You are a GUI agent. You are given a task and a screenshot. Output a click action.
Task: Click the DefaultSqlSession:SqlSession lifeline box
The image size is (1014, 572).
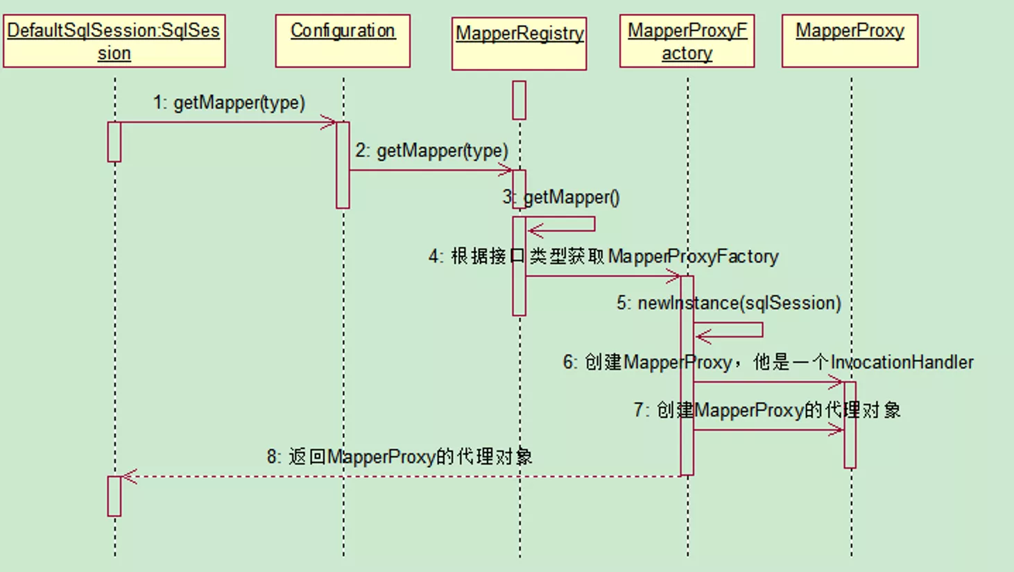click(114, 41)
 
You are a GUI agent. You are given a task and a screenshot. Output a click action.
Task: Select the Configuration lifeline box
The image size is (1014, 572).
click(343, 41)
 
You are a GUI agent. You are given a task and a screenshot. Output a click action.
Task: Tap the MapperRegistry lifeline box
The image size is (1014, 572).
click(519, 44)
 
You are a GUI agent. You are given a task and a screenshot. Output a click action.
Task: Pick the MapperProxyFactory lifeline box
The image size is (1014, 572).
click(687, 41)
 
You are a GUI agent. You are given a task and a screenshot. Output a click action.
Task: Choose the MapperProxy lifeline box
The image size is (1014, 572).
click(850, 41)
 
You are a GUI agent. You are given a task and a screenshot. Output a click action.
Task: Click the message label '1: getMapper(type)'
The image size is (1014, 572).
click(229, 103)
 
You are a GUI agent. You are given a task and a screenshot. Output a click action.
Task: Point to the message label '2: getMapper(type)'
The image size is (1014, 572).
click(431, 151)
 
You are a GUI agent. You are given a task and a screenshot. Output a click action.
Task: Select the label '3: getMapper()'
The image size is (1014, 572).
click(561, 198)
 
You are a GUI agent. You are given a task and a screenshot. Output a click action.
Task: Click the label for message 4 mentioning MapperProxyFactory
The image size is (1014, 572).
click(603, 257)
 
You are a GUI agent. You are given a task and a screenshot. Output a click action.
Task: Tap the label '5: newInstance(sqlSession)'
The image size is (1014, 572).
click(729, 303)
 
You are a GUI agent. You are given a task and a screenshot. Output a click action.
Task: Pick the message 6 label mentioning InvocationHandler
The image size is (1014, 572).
click(768, 362)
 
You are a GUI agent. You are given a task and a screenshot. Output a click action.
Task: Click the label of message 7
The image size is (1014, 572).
click(767, 410)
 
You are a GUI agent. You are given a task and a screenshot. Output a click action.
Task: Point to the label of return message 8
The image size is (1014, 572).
click(399, 457)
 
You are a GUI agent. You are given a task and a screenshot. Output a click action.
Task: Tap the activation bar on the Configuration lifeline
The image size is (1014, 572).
click(343, 165)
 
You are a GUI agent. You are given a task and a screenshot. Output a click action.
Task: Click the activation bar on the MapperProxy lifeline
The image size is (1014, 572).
click(850, 425)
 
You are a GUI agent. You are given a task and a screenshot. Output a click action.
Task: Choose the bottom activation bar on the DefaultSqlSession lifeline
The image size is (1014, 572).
click(114, 496)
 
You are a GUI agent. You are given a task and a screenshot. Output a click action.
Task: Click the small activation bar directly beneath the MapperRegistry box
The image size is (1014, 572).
click(519, 100)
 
